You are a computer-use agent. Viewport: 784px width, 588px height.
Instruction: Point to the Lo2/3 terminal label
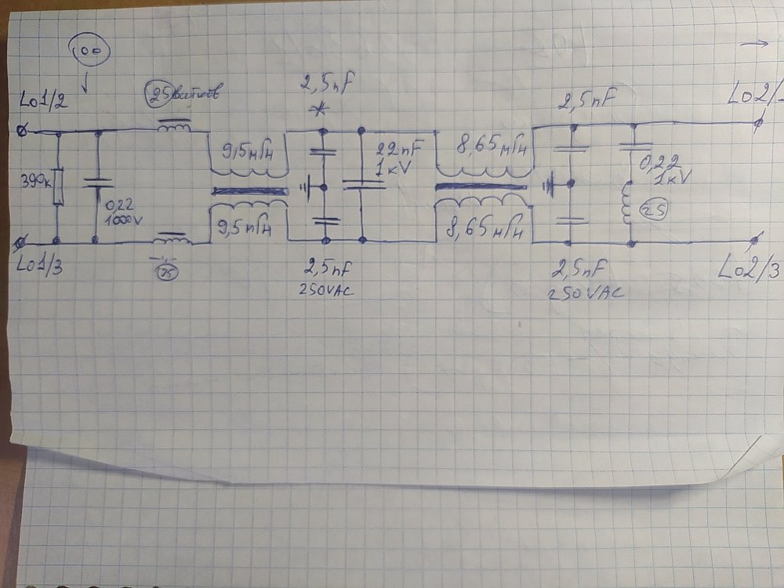click(749, 270)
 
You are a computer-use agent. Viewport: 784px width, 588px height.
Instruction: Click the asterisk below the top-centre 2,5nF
click(319, 109)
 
